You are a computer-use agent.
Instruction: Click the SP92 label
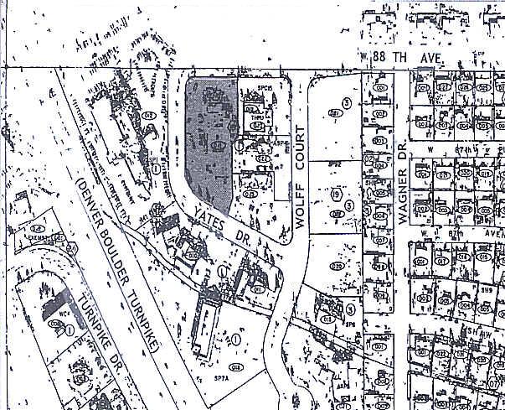pos(332,165)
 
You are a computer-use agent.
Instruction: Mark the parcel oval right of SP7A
pos(235,366)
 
